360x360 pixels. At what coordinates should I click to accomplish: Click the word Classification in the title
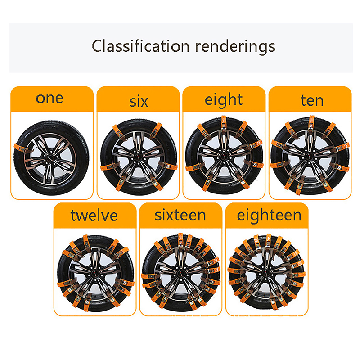pyautogui.click(x=140, y=46)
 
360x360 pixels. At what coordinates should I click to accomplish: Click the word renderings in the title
pyautogui.click(x=235, y=47)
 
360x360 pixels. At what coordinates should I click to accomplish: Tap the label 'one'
pyautogui.click(x=49, y=99)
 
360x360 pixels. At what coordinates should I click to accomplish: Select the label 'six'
pyautogui.click(x=139, y=102)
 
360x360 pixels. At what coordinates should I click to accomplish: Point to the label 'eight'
pyautogui.click(x=223, y=100)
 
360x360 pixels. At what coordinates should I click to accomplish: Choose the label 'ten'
pyautogui.click(x=312, y=100)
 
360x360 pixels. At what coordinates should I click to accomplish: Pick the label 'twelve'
pyautogui.click(x=94, y=216)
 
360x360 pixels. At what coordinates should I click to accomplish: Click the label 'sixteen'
pyautogui.click(x=180, y=216)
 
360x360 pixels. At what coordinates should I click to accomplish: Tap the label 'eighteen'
pyautogui.click(x=269, y=216)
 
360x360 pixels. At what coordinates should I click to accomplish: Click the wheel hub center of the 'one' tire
pyautogui.click(x=50, y=158)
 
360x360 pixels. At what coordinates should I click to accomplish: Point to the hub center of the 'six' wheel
pyautogui.click(x=138, y=157)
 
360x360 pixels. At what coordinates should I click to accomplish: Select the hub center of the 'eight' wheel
pyautogui.click(x=224, y=156)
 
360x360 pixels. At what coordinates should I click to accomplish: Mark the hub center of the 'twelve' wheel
pyautogui.click(x=95, y=273)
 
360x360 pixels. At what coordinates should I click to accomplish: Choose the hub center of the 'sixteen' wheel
pyautogui.click(x=181, y=273)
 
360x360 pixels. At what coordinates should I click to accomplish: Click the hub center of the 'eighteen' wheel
pyautogui.click(x=266, y=273)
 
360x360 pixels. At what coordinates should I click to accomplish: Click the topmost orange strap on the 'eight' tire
pyautogui.click(x=224, y=123)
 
